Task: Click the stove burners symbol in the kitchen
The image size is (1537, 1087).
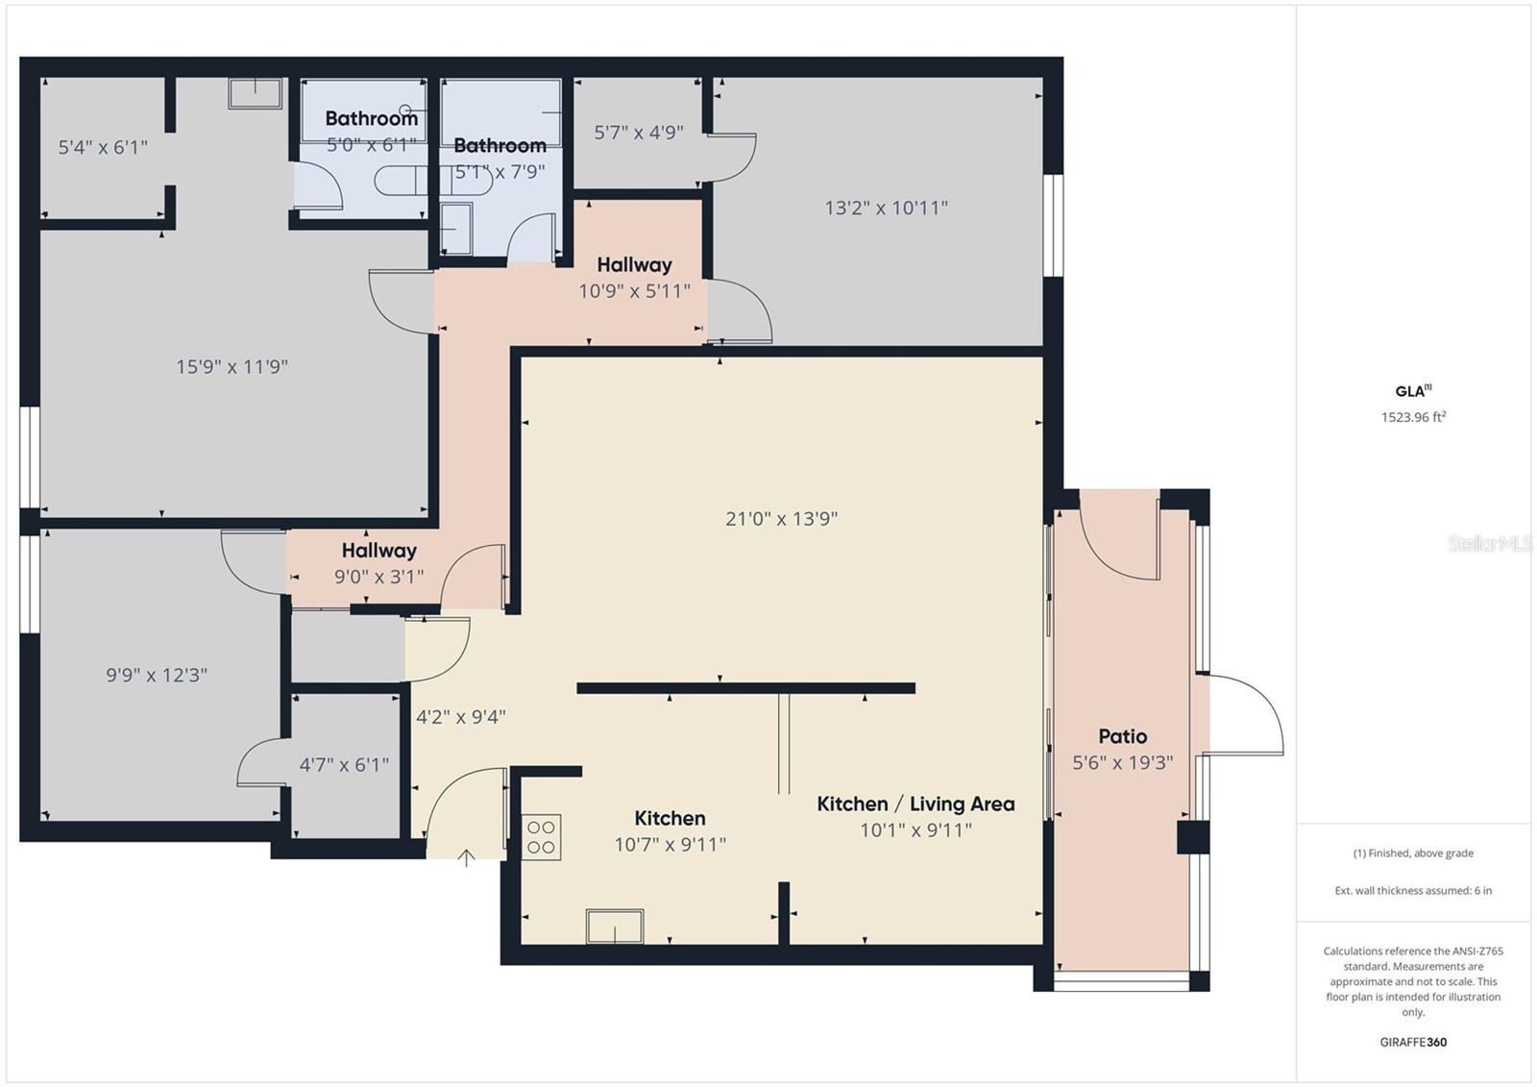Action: coord(541,837)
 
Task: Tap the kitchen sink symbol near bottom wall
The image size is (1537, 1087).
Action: coord(615,926)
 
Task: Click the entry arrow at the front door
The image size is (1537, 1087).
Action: coord(466,857)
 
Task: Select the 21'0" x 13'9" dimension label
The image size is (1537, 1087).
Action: coord(781,519)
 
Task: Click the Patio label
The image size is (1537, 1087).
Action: coord(1122,736)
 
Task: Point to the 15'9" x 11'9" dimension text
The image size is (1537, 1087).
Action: coord(232,366)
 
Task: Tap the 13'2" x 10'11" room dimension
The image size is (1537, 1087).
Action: coord(886,208)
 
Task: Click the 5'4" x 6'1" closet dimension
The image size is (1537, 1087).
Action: coord(103,147)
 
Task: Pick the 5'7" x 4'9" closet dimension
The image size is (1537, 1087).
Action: coord(638,133)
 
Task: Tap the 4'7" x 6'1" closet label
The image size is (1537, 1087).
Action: coord(344,765)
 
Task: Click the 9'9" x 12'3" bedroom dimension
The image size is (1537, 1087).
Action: coord(157,676)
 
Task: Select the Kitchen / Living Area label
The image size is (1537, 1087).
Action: coord(915,804)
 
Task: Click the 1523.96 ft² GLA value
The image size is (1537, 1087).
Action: coord(1413,417)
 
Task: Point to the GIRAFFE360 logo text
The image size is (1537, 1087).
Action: coord(1413,1042)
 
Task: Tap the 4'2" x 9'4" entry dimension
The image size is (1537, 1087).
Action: coord(460,717)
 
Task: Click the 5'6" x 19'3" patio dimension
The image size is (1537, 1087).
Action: coord(1122,763)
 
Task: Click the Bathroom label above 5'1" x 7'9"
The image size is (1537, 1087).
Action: coord(500,146)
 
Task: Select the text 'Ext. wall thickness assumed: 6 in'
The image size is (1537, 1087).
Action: coord(1413,891)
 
